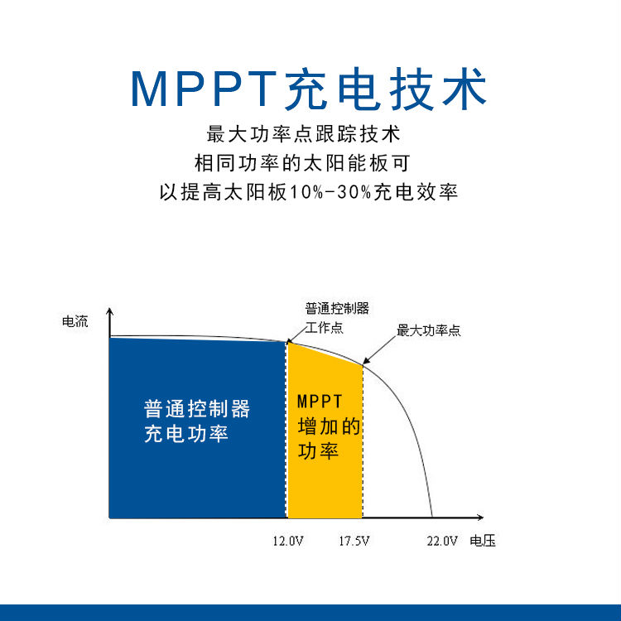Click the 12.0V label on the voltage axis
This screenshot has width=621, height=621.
coord(288,541)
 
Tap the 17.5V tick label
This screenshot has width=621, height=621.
coord(354,541)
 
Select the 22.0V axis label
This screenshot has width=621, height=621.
coord(442,541)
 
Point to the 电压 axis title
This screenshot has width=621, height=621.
coord(483,541)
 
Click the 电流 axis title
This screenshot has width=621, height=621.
coord(75,321)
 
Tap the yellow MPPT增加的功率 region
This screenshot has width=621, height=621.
coord(325,436)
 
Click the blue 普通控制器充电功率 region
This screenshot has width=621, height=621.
coord(197,428)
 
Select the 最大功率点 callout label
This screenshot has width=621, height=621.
coord(429,330)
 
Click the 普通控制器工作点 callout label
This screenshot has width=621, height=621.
coord(337,318)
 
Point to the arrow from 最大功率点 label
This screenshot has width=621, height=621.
coord(379,350)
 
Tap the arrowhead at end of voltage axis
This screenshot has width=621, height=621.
coord(481,517)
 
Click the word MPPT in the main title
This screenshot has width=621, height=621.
coord(204,89)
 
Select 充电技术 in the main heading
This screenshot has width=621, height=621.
coord(386,89)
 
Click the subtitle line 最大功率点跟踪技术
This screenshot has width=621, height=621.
coord(303,134)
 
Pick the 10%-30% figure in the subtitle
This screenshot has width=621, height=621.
coord(330,192)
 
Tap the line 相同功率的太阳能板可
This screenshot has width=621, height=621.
coord(302,163)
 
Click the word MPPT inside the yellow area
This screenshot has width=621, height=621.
coord(320,402)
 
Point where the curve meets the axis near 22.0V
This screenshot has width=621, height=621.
coord(432,517)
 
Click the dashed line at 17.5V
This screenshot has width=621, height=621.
coord(363,440)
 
